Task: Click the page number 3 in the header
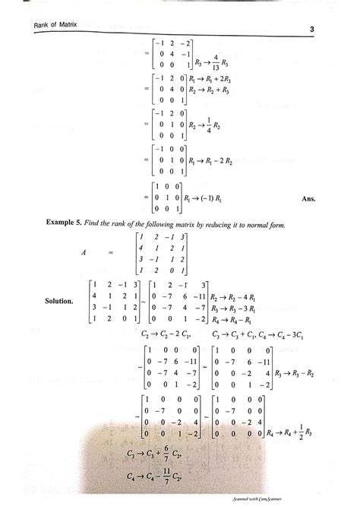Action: pyautogui.click(x=312, y=30)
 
